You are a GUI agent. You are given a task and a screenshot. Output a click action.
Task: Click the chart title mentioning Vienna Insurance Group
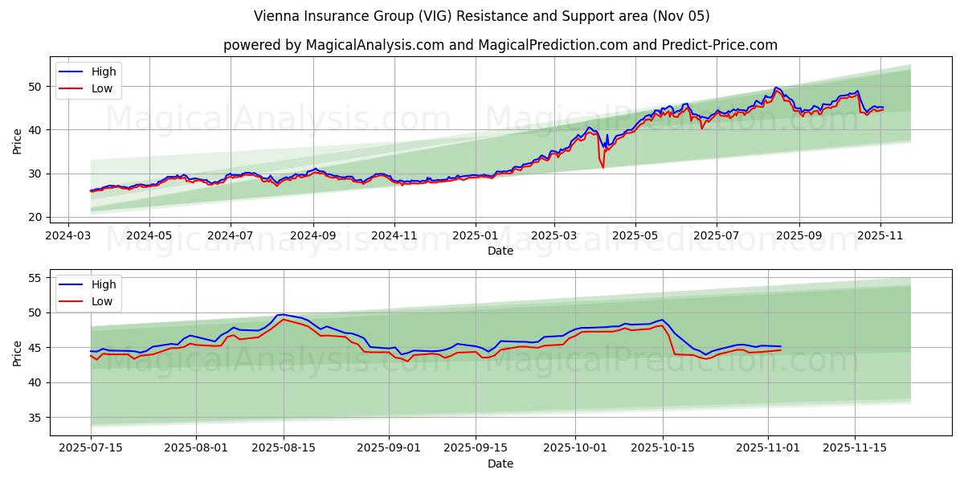(x=481, y=16)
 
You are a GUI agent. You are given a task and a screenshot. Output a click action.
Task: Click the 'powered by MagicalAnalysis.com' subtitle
(x=500, y=45)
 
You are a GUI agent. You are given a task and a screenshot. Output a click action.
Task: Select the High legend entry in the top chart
(x=103, y=71)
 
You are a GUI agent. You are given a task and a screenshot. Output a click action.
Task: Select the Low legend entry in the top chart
(x=102, y=88)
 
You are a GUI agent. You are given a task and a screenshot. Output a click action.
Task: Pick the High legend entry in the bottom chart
(x=103, y=284)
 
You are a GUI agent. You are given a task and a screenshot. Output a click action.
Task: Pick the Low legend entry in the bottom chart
(x=102, y=301)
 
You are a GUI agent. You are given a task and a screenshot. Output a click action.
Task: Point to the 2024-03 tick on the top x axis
(x=67, y=236)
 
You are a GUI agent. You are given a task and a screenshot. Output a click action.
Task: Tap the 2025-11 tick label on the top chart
(x=880, y=236)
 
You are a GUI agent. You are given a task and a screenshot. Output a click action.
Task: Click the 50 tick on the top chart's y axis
(x=35, y=87)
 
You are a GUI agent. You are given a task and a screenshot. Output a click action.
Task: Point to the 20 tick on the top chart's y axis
(x=35, y=217)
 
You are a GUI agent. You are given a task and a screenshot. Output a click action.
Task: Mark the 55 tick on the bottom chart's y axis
(x=35, y=278)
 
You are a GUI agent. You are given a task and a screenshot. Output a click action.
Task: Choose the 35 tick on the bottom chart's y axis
(x=35, y=418)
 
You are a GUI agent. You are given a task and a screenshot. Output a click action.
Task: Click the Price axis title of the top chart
(x=18, y=140)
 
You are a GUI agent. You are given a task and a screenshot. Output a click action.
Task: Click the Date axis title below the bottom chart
(x=500, y=464)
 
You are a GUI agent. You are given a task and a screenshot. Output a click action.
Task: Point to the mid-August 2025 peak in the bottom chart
(x=283, y=315)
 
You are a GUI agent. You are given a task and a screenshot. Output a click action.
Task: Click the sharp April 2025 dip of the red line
(x=602, y=166)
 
